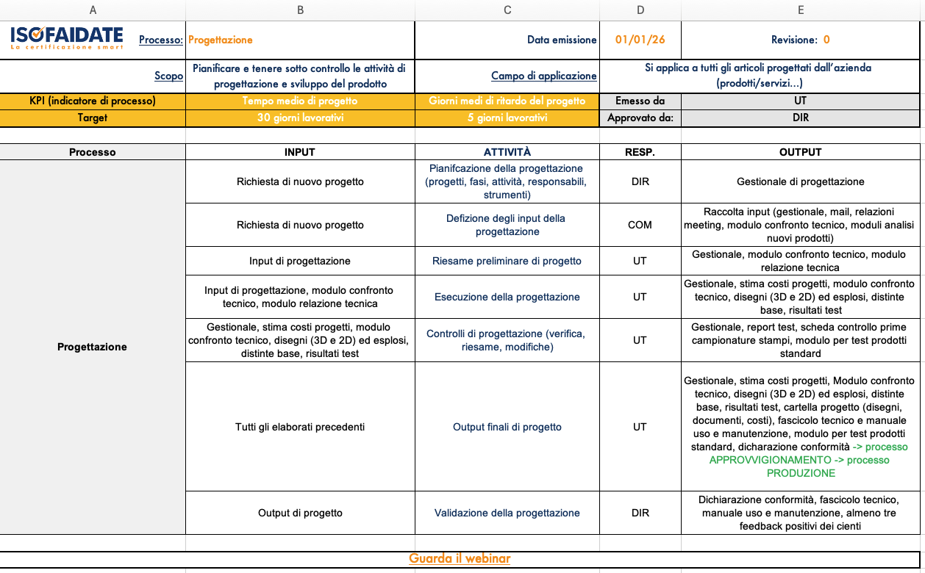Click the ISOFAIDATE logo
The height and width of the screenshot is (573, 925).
point(67,38)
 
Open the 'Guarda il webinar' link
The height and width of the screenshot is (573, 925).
point(460,558)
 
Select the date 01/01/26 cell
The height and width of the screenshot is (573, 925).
point(640,40)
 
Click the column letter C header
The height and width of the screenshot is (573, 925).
point(507,10)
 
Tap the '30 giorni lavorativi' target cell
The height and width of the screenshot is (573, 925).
point(300,118)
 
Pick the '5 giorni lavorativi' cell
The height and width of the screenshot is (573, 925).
point(507,118)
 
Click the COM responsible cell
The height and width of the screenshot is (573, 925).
point(640,225)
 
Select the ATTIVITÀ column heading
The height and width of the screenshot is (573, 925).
point(507,152)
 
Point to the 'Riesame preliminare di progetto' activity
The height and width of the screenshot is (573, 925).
point(507,261)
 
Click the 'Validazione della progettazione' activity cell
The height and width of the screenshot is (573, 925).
point(507,513)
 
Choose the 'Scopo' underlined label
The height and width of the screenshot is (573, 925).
point(168,76)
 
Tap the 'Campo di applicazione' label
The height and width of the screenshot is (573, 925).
point(543,76)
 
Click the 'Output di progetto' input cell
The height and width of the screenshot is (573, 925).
point(300,513)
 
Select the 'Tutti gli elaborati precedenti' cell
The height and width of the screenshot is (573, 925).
point(300,427)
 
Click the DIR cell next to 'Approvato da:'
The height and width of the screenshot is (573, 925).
point(800,118)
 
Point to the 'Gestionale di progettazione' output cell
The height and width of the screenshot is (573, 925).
point(800,181)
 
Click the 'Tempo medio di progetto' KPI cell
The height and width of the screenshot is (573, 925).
point(300,101)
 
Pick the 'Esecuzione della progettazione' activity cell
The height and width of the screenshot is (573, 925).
point(507,297)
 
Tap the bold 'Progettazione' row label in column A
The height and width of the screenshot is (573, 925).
point(92,347)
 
